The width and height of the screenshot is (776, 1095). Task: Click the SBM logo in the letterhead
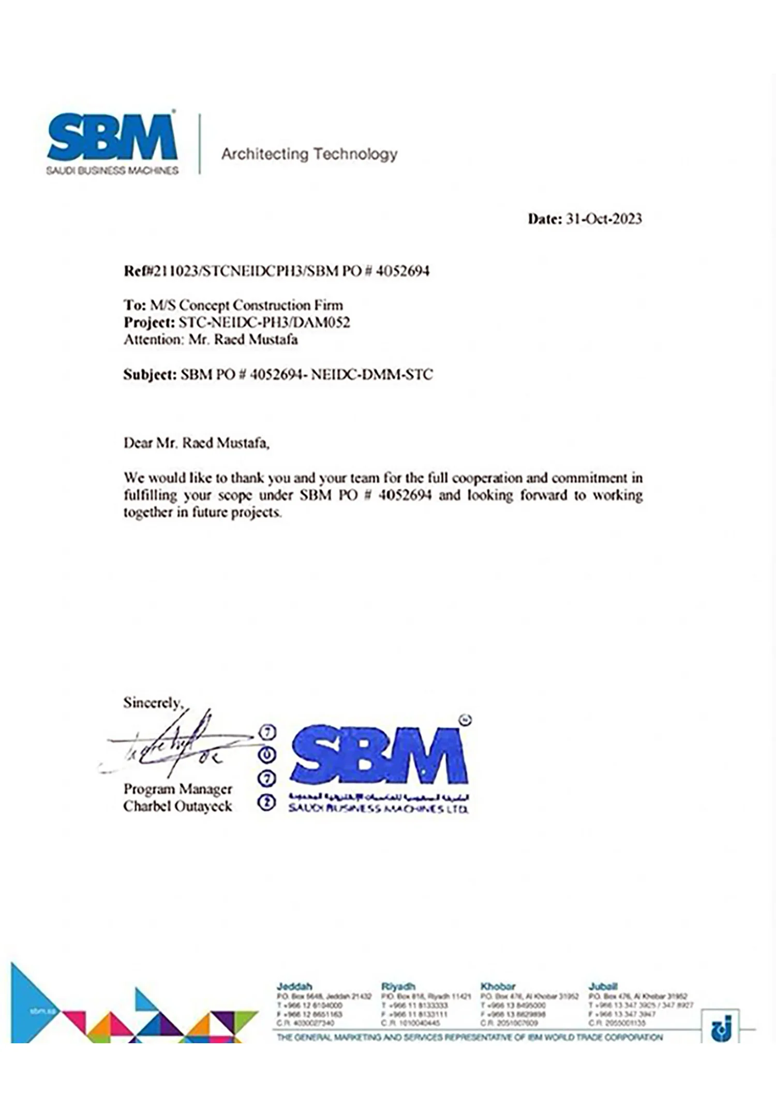(x=112, y=142)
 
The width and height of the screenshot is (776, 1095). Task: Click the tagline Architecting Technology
(x=309, y=154)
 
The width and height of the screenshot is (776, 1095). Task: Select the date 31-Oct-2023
(x=604, y=219)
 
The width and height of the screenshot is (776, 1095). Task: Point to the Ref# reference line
(x=276, y=271)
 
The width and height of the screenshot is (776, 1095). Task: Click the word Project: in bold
(x=149, y=323)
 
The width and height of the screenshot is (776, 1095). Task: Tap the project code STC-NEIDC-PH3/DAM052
(x=264, y=323)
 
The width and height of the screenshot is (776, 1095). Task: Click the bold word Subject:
(x=150, y=375)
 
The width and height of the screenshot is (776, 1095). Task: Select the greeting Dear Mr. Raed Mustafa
(x=196, y=443)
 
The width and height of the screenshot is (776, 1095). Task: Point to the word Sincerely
(x=153, y=703)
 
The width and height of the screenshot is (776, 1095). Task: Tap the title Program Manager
(x=177, y=789)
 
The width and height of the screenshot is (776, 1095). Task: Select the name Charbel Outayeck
(x=177, y=806)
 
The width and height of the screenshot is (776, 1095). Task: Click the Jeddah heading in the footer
(x=294, y=986)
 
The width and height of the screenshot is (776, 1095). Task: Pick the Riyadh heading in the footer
(x=398, y=986)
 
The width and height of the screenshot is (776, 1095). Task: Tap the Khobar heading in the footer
(x=498, y=986)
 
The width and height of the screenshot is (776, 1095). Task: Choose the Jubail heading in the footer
(x=603, y=986)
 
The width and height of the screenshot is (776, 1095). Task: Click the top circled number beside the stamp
(x=267, y=732)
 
